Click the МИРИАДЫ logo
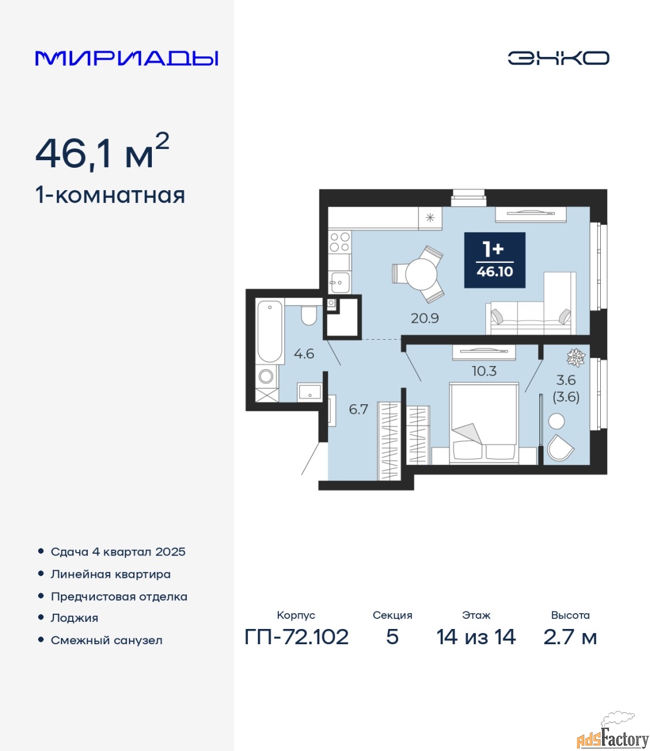point(127,58)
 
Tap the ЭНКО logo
point(558,58)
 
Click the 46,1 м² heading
point(103,152)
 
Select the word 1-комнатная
point(110,196)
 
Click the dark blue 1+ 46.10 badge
point(495,260)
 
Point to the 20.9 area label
point(424,319)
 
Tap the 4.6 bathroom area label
point(304,354)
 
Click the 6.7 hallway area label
point(358,410)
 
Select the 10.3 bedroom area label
point(484,371)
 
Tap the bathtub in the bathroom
point(269,331)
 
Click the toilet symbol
point(309,316)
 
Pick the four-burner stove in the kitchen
point(340,242)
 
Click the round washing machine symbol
point(266,377)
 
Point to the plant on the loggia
point(576,357)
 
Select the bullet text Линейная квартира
point(110,574)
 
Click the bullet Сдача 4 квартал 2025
point(118,552)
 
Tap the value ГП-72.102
point(297,637)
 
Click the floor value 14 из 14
point(476,637)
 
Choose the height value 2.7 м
point(570,637)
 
